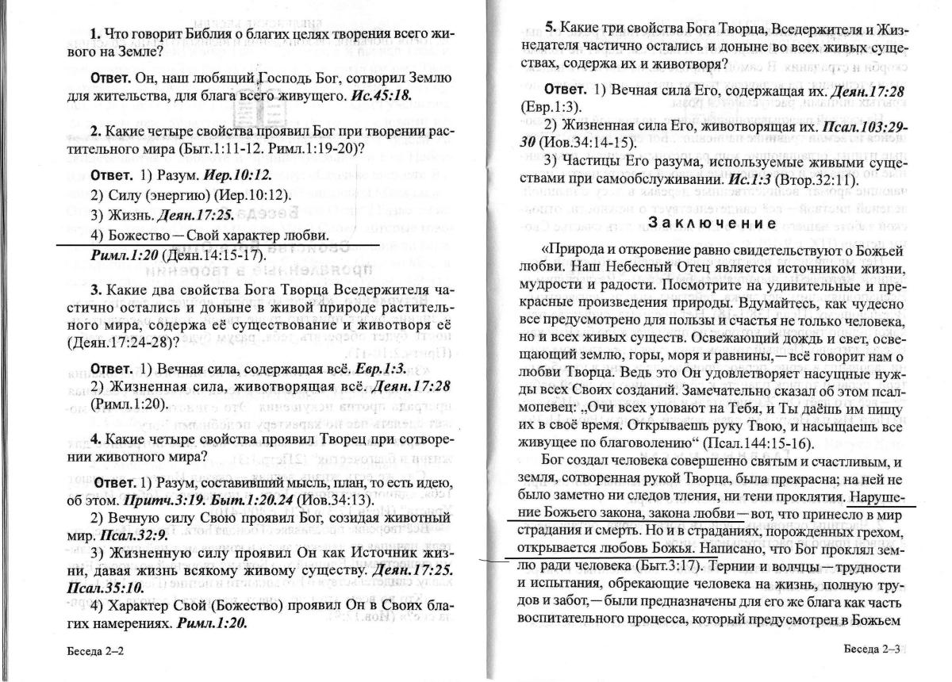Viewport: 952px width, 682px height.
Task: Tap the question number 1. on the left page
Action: (94, 34)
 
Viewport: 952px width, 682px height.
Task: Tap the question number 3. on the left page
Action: (94, 288)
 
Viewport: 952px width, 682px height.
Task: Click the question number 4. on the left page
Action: (94, 439)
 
